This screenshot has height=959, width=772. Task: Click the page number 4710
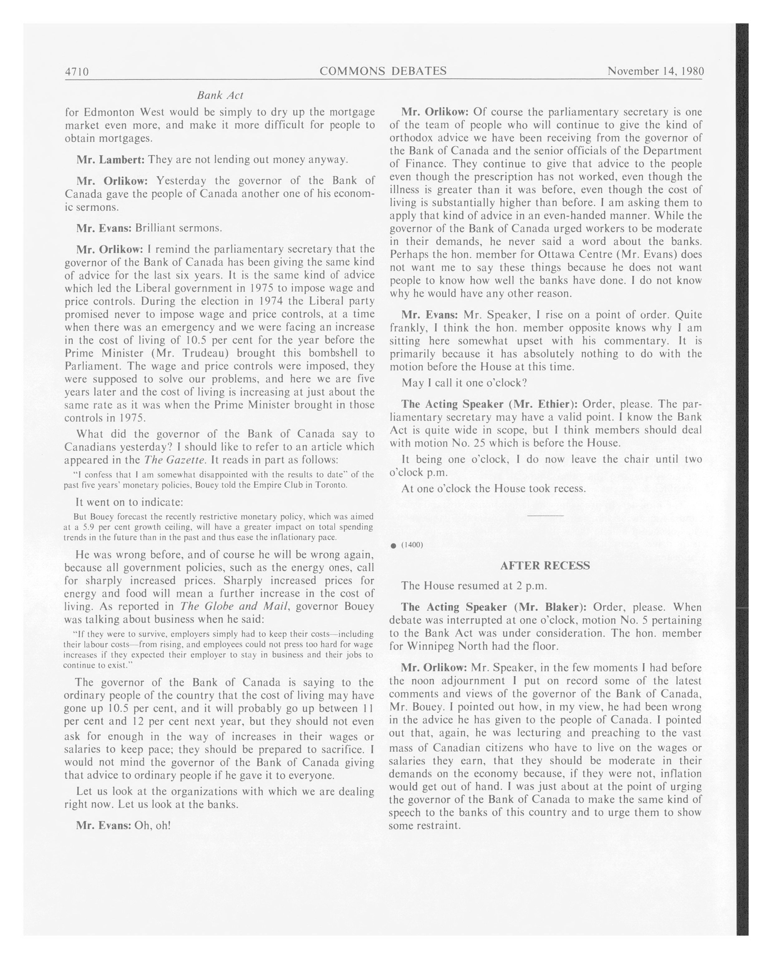[77, 72]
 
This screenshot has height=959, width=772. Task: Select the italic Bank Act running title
[220, 95]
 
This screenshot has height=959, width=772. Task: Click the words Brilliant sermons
[178, 228]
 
